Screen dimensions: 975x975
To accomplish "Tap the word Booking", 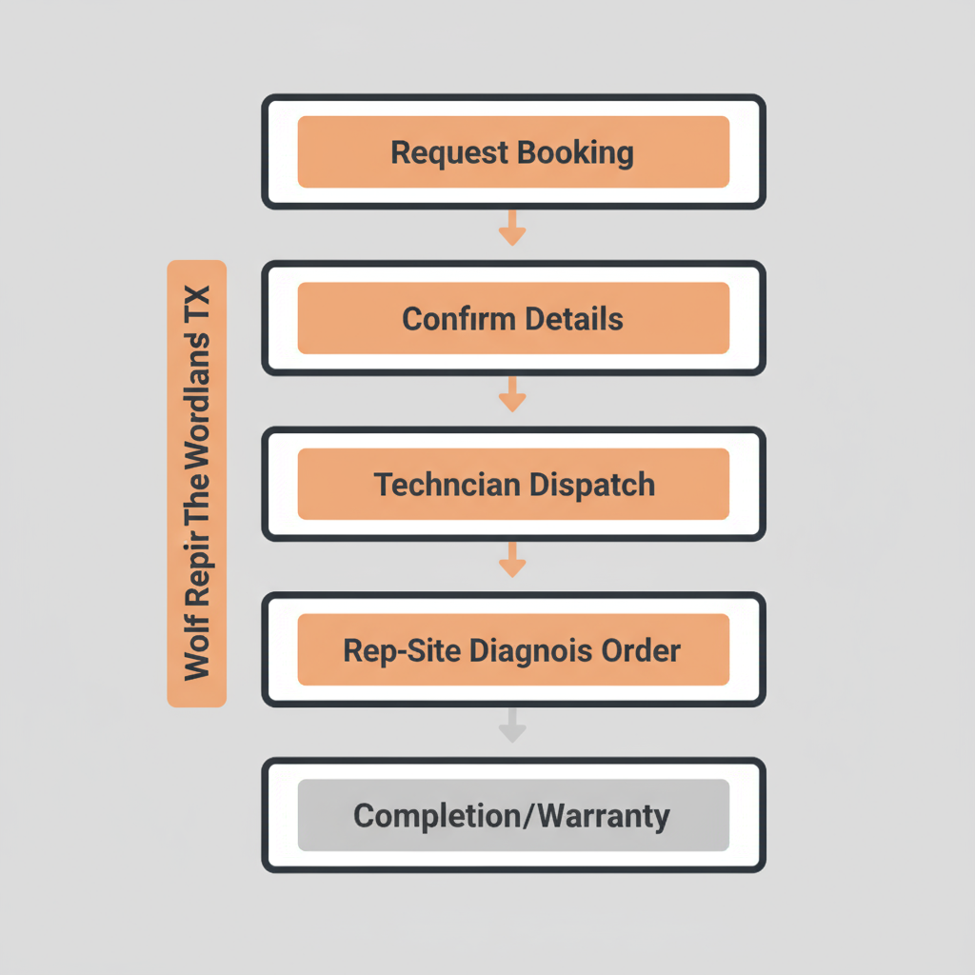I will click(575, 152).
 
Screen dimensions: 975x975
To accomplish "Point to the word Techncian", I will click(448, 485).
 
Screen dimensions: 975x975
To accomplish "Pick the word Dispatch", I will click(592, 485).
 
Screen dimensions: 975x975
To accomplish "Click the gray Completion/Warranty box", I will click(513, 815).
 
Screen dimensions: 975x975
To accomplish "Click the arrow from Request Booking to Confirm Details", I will click(513, 229).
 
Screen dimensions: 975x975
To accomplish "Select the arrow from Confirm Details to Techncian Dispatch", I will click(513, 394).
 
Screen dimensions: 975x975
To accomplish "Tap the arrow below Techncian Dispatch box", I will click(513, 560).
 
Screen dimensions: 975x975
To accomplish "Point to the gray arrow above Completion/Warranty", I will click(513, 726).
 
